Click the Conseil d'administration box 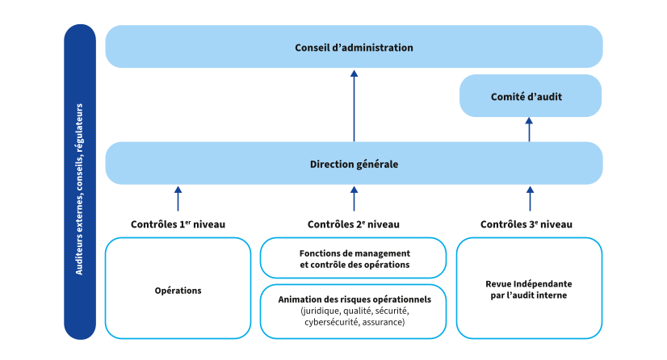click(x=354, y=47)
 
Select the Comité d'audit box click(x=531, y=96)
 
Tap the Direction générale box click(x=354, y=164)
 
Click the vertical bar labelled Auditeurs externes click(x=79, y=182)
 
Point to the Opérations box click(x=178, y=288)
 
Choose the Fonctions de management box click(x=353, y=257)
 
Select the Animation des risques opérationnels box click(x=353, y=311)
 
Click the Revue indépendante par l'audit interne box click(x=529, y=288)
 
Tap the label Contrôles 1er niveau click(x=178, y=224)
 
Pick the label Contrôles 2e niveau click(x=353, y=224)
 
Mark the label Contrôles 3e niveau click(x=526, y=224)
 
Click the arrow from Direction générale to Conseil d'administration click(x=354, y=105)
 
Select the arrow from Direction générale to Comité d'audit click(x=530, y=129)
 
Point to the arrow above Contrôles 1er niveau click(x=178, y=198)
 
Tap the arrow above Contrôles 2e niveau click(x=354, y=198)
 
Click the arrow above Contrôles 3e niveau click(x=530, y=198)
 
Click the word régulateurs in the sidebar click(x=79, y=132)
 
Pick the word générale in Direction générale click(x=376, y=164)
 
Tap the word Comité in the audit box click(x=507, y=96)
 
